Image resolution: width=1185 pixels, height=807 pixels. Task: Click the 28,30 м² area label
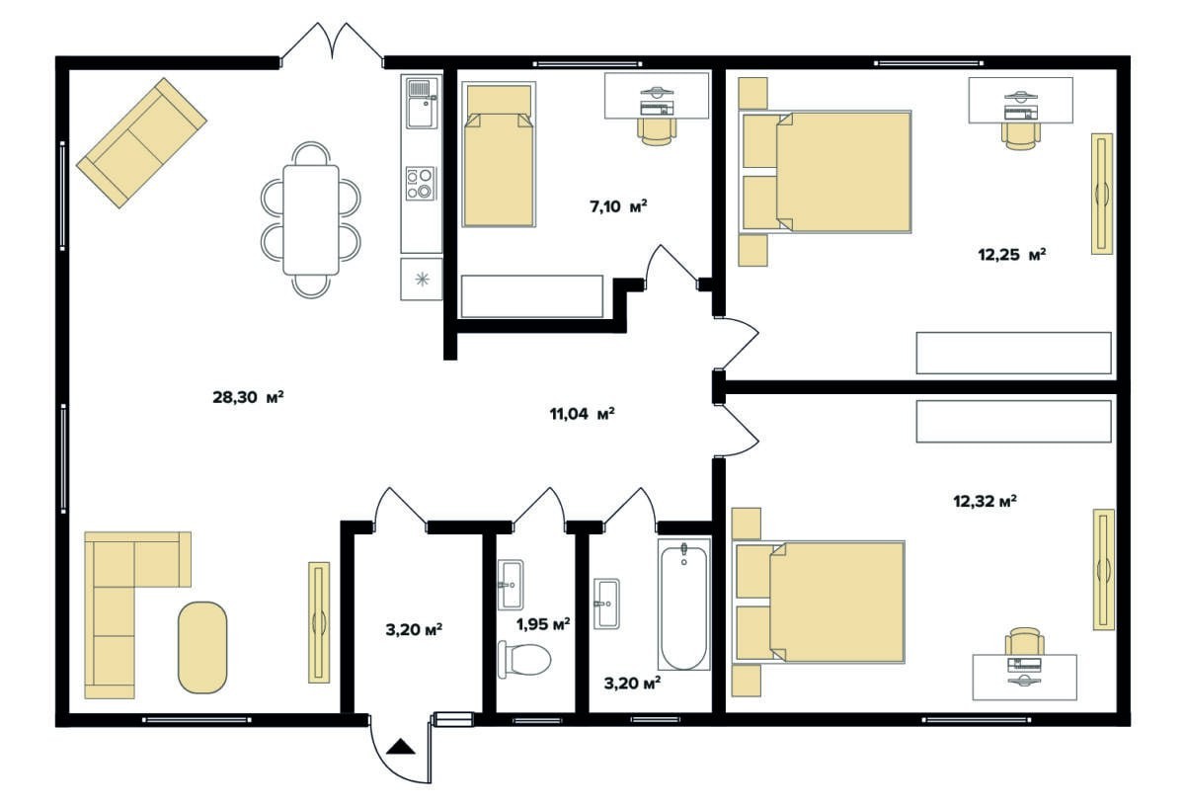[x=248, y=397]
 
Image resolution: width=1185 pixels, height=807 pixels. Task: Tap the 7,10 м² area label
[x=618, y=206]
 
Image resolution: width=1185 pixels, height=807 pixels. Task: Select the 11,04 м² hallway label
[x=582, y=413]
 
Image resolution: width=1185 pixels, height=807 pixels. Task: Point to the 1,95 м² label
[x=543, y=624]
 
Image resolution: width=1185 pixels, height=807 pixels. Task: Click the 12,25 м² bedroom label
[x=1012, y=255]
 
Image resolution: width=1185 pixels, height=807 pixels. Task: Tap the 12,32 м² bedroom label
[x=986, y=501]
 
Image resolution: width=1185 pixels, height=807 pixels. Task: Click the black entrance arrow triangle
[x=401, y=747]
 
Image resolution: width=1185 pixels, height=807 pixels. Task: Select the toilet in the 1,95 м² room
[x=524, y=659]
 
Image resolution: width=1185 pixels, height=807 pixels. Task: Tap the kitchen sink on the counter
[x=423, y=103]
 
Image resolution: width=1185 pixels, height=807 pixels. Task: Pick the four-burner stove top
[x=421, y=183]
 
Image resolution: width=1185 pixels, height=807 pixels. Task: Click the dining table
[x=311, y=219]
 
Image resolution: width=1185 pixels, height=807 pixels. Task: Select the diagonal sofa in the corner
[x=141, y=143]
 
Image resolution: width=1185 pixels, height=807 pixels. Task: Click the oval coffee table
[x=202, y=647]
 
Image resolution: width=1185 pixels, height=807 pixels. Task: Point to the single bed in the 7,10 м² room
[x=499, y=154]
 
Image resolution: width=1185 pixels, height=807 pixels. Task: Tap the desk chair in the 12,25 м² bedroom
[x=1021, y=136]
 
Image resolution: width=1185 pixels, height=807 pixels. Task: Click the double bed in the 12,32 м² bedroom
[x=818, y=602]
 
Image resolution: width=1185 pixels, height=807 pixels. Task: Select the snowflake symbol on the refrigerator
[x=423, y=279]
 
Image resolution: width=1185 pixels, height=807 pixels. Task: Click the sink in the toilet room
[x=512, y=584]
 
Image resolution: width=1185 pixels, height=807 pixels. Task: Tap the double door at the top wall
[x=332, y=45]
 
